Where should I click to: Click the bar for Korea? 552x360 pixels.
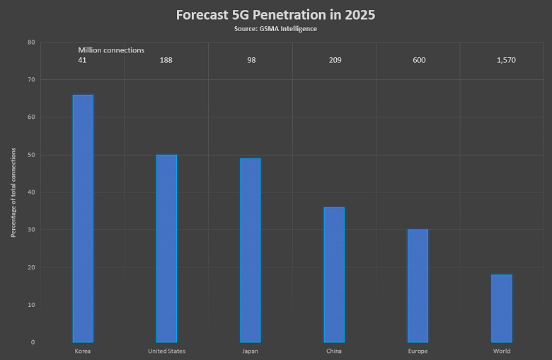click(x=83, y=219)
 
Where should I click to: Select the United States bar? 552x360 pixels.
click(x=166, y=248)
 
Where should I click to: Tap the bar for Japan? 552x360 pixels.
click(x=250, y=250)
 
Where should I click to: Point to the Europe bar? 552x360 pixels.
click(x=418, y=286)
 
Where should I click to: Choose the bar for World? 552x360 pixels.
click(x=502, y=308)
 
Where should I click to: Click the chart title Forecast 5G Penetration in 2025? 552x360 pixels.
click(x=276, y=15)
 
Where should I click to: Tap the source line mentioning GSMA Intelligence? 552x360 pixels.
click(x=275, y=28)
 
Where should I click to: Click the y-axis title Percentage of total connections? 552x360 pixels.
click(x=13, y=192)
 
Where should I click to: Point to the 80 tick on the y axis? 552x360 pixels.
click(x=31, y=42)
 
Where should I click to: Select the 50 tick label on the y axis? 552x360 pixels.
click(x=31, y=155)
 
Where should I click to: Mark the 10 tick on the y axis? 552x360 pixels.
click(x=31, y=305)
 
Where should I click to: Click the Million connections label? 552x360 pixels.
click(x=111, y=50)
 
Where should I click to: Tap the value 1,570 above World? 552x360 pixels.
click(x=506, y=60)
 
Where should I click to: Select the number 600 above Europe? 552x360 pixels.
click(x=419, y=60)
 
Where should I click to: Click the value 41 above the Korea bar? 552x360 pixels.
click(x=83, y=60)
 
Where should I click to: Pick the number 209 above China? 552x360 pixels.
click(x=335, y=60)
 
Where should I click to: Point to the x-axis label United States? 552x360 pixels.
click(x=166, y=352)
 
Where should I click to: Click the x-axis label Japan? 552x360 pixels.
click(x=250, y=352)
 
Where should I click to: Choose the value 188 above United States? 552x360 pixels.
click(x=166, y=60)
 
